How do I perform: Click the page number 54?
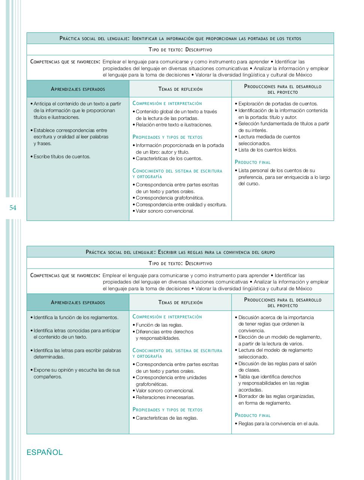coord(13,208)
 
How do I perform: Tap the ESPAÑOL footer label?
coord(45,452)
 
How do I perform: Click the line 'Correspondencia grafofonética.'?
coord(170,198)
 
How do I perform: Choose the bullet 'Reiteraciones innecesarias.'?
coord(165,397)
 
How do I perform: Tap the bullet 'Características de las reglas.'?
coord(167,418)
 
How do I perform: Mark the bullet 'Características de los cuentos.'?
coord(169,159)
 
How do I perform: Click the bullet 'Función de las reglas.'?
coord(159,325)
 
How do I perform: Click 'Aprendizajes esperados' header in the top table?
coord(78,89)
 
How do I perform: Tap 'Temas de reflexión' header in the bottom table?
coord(181,303)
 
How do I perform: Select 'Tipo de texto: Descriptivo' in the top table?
coord(181,49)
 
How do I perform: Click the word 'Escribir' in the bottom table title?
coord(169,252)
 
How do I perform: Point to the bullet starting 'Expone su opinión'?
coord(77,370)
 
